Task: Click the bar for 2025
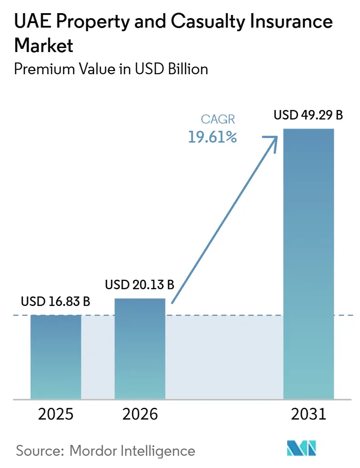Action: click(56, 357)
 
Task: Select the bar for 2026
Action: click(140, 349)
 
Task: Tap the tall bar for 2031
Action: click(308, 264)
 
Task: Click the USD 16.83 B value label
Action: click(56, 301)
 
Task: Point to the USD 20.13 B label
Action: click(140, 285)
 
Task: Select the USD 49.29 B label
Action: click(308, 115)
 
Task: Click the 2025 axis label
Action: click(56, 414)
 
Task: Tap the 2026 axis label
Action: click(140, 414)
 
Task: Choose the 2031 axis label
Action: click(309, 414)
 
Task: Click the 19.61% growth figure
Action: click(213, 137)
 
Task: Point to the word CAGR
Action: click(218, 119)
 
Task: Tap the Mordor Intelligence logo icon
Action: click(301, 448)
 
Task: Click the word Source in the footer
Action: click(40, 451)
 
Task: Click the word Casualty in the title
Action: click(208, 21)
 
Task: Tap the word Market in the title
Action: click(43, 45)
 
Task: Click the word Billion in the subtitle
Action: click(188, 69)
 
